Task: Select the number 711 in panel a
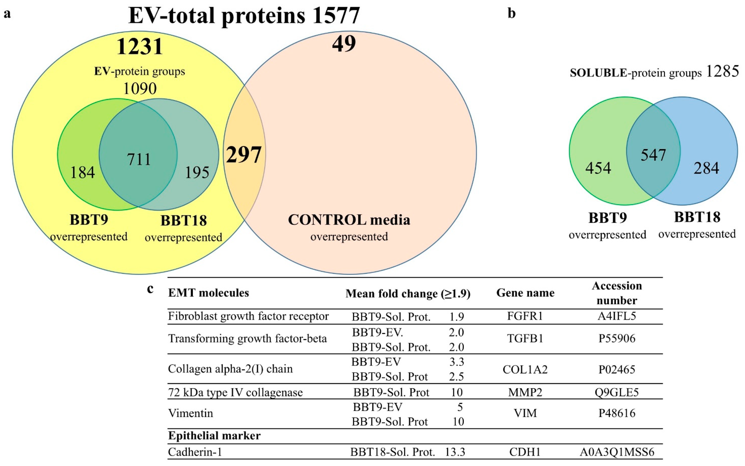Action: point(139,159)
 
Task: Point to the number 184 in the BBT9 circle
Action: point(82,172)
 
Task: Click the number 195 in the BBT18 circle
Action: point(197,172)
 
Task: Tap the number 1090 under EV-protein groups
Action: point(140,89)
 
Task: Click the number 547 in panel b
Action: point(653,155)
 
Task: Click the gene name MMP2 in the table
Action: point(525,392)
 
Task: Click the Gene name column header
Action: point(525,293)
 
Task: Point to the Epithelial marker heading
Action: point(214,436)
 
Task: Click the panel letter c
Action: point(150,289)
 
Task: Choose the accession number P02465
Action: point(617,369)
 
